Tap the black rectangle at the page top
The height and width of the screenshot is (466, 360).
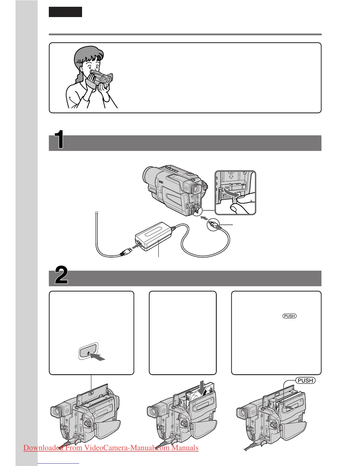pos(65,12)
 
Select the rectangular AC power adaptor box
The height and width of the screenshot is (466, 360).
pos(153,237)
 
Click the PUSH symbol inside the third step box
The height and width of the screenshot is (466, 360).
pos(289,316)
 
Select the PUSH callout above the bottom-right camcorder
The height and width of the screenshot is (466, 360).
pos(305,380)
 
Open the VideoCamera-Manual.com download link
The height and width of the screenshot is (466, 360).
pos(111,448)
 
